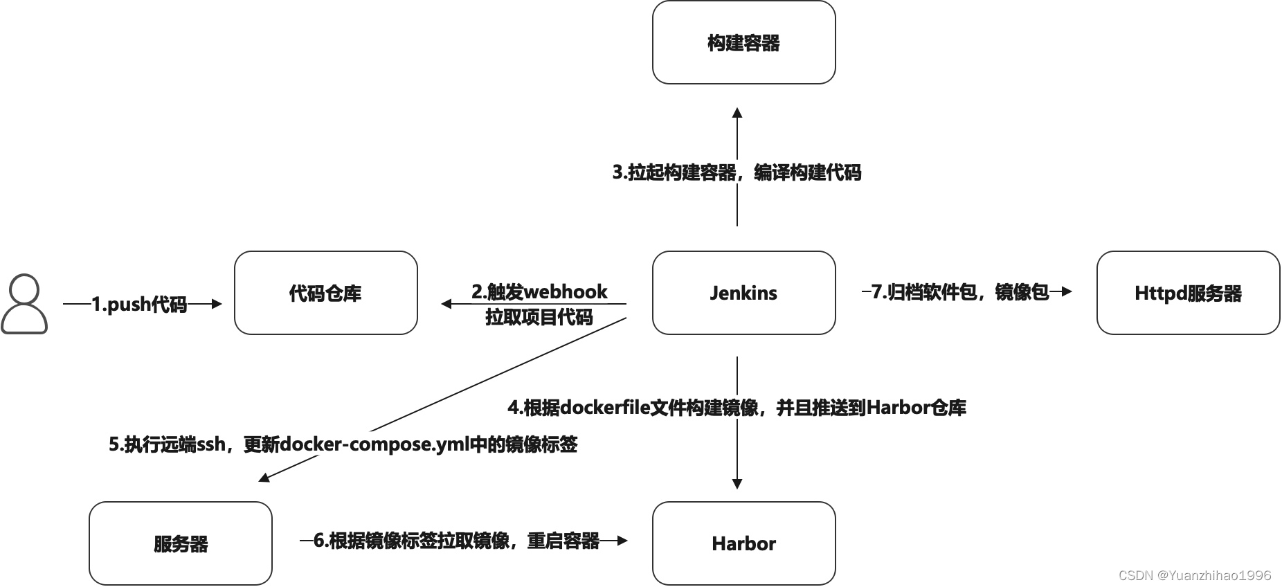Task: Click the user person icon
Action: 24,305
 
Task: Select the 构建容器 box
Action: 743,43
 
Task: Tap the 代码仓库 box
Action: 325,293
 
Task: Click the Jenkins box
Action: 743,293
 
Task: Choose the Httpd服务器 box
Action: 1188,293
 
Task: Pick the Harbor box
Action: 743,543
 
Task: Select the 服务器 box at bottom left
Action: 180,543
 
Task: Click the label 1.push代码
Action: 139,304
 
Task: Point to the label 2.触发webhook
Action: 539,291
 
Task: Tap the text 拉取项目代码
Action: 539,317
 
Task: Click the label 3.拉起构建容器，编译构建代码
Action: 737,172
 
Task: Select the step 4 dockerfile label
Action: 737,408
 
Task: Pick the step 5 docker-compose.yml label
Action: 343,444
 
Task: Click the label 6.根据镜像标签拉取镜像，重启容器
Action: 456,541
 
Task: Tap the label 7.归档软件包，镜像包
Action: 960,292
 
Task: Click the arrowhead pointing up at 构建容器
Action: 737,113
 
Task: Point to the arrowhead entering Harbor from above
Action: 737,484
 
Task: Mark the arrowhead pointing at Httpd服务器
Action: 1066,292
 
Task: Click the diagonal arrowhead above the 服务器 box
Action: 264,478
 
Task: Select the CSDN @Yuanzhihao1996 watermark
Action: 1195,575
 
